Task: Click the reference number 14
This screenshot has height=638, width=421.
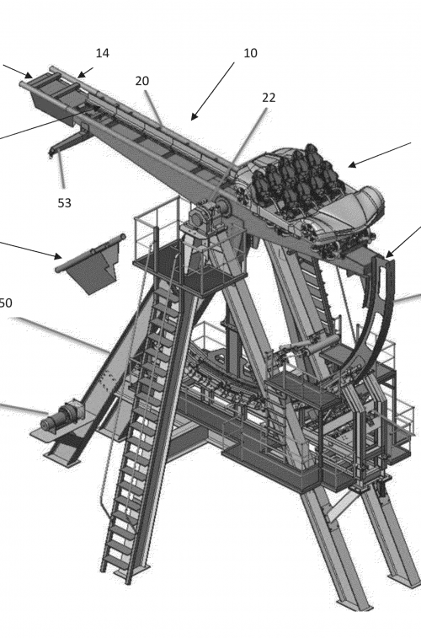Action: point(103,53)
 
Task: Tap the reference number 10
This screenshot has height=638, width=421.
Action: point(250,53)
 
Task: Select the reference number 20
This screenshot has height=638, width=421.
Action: point(141,81)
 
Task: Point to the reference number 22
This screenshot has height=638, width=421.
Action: point(269,98)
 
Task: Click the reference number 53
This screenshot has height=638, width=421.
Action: point(64,202)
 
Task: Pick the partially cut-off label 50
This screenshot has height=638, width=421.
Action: point(6,303)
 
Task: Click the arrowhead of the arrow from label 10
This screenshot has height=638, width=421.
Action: point(194,117)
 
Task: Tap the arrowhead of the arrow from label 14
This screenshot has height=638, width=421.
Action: point(81,74)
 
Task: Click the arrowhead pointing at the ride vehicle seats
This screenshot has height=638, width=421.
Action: point(351,165)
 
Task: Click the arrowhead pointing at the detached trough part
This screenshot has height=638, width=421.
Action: point(58,256)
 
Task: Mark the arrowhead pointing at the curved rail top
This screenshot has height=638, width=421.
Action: point(388,255)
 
